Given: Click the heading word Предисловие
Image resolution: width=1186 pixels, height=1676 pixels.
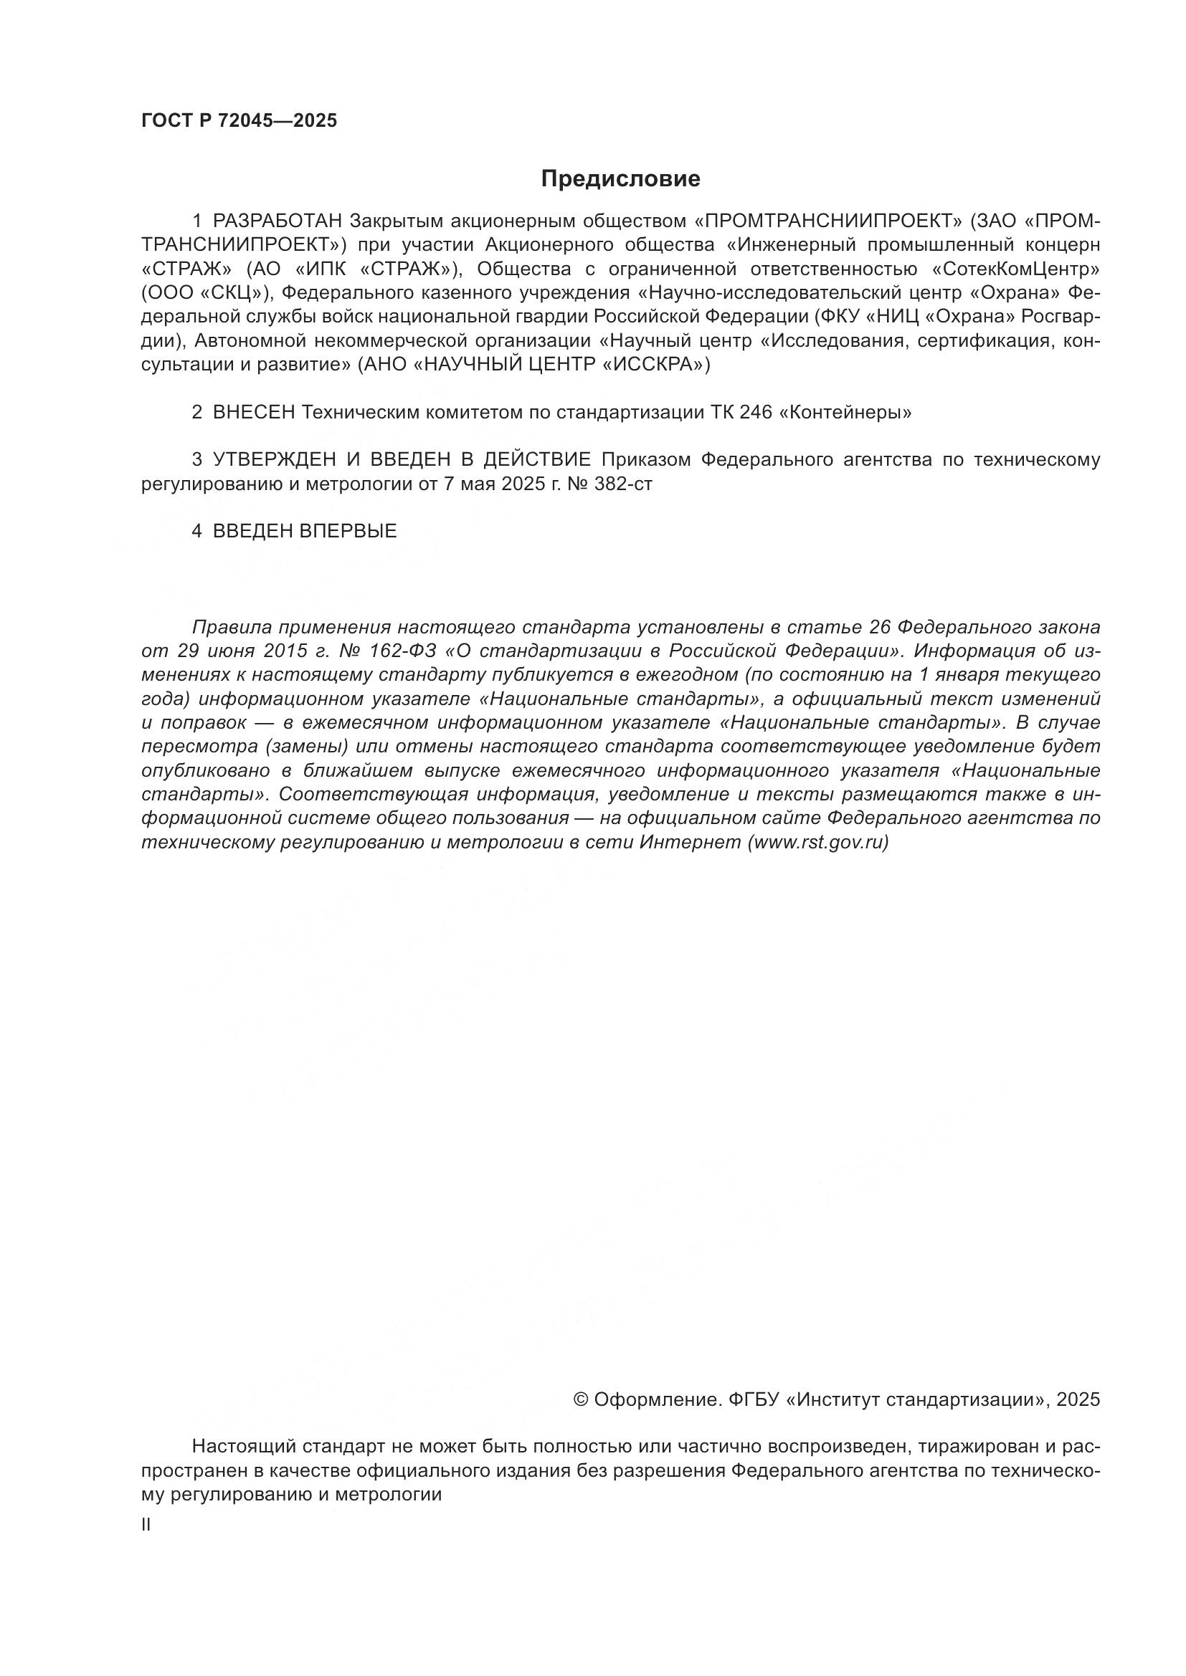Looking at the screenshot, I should pyautogui.click(x=620, y=179).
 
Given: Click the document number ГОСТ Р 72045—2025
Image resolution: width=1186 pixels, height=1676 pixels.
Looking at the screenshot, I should pyautogui.click(x=239, y=121).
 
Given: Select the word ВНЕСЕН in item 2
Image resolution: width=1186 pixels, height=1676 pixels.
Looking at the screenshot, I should pyautogui.click(x=253, y=413).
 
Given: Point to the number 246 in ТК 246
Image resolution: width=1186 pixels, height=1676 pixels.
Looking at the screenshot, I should pyautogui.click(x=755, y=413).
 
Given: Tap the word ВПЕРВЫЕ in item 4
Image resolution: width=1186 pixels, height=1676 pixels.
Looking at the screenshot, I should pyautogui.click(x=348, y=532).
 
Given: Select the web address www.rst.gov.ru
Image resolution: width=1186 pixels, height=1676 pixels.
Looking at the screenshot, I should pyautogui.click(x=817, y=843).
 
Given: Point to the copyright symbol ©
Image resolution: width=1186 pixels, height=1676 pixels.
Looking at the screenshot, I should pyautogui.click(x=582, y=1399).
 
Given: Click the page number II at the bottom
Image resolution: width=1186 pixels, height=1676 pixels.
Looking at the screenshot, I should pyautogui.click(x=146, y=1525).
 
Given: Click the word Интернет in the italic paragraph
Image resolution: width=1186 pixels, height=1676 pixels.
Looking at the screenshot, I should pyautogui.click(x=690, y=843).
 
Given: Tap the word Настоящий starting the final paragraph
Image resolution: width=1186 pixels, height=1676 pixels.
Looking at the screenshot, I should pyautogui.click(x=243, y=1446).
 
